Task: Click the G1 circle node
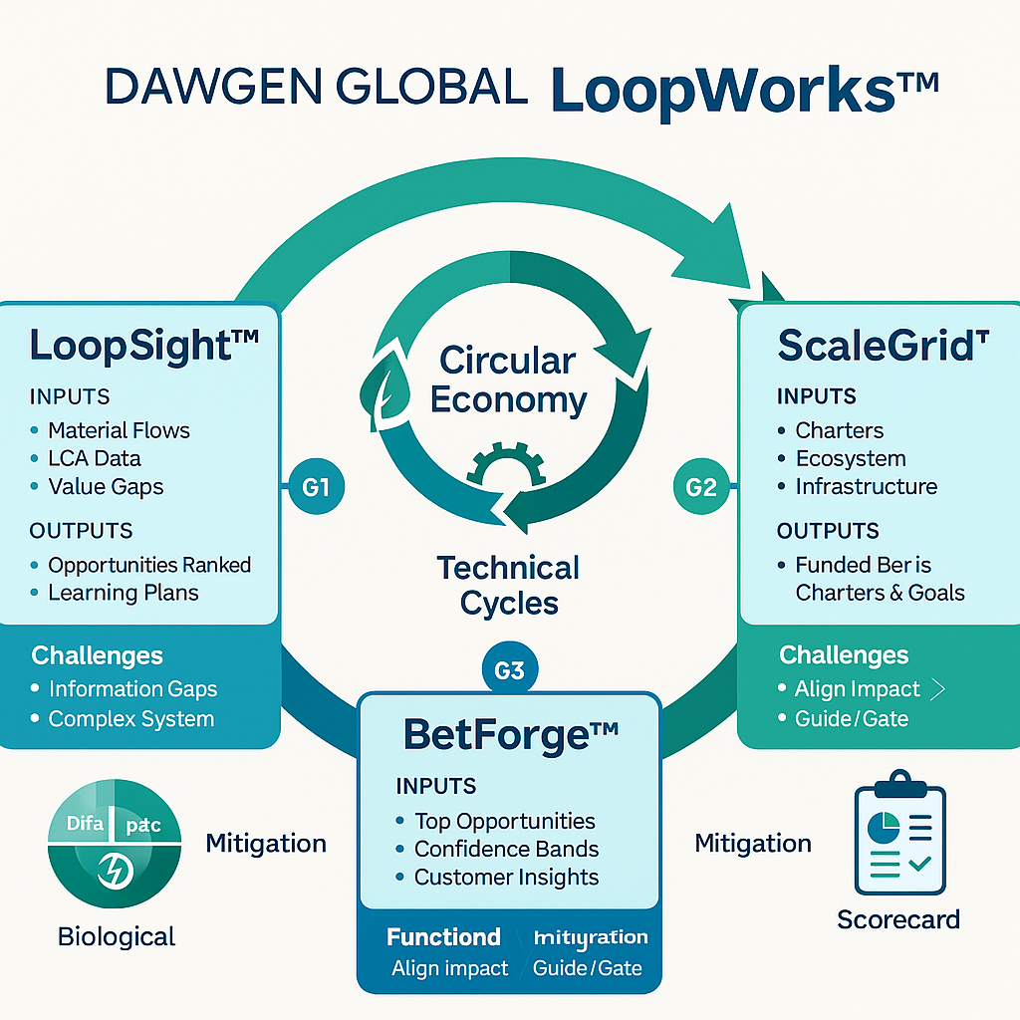[x=315, y=487]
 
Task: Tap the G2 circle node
[x=701, y=487]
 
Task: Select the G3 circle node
[x=509, y=670]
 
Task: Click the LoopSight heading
[x=143, y=346]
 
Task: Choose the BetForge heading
[x=511, y=735]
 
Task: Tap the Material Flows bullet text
[x=119, y=430]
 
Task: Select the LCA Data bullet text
[x=95, y=458]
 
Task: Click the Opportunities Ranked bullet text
[x=149, y=565]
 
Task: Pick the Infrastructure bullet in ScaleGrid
[x=866, y=486]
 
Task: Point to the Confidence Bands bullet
[x=506, y=849]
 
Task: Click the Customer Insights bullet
[x=506, y=877]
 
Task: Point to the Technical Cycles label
[x=508, y=585]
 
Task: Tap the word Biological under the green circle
[x=117, y=936]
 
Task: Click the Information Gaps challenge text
[x=132, y=688]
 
